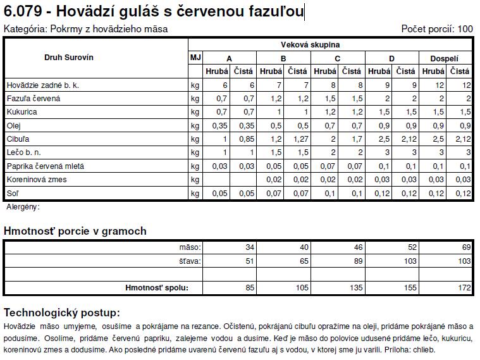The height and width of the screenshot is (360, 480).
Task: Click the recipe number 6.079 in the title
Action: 22,11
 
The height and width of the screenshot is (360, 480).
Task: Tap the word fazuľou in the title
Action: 278,11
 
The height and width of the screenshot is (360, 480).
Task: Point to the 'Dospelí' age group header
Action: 445,58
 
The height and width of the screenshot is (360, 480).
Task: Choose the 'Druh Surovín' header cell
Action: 69,58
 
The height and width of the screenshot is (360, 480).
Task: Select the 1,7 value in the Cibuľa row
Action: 355,139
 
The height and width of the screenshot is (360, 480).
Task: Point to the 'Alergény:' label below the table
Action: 23,207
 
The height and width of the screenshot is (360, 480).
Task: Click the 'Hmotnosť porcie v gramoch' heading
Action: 75,231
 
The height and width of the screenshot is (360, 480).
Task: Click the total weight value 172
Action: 465,288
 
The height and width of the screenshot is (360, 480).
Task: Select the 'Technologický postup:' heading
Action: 62,313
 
